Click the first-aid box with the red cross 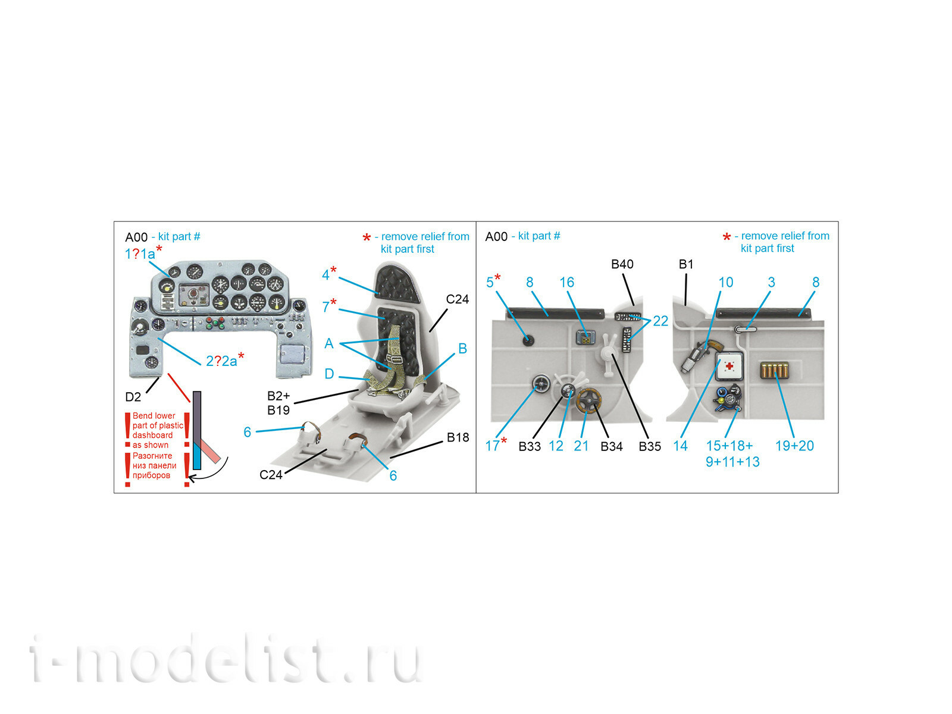coord(729,367)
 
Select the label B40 coord(622,264)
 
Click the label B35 coord(649,446)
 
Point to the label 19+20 coord(794,446)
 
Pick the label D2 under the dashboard coord(133,397)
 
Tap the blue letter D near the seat coord(329,374)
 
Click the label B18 coord(458,437)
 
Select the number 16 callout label coord(566,282)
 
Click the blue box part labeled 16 coord(585,337)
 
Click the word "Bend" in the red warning coord(142,416)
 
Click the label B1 coord(685,264)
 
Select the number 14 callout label coord(680,446)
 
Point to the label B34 coord(612,446)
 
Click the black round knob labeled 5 coord(528,340)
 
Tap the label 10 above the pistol coord(725,282)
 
